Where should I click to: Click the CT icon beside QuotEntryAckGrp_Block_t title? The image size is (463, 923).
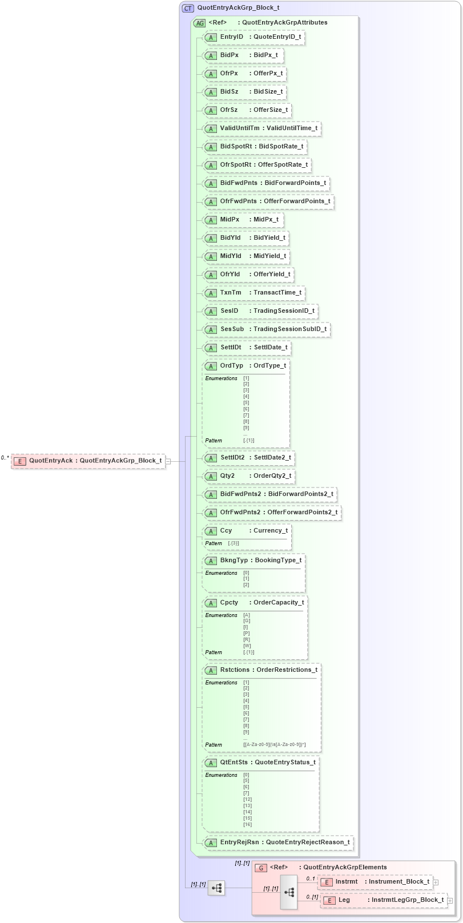coord(188,9)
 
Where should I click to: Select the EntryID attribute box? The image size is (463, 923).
coord(253,37)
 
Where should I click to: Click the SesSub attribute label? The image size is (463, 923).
coord(232,329)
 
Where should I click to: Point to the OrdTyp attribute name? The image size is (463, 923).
coord(231,366)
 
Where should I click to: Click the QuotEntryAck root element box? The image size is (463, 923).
coord(88,461)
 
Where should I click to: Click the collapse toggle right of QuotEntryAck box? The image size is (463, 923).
coord(168,461)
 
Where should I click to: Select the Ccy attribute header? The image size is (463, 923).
coord(247,531)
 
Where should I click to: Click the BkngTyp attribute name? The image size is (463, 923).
coord(234,561)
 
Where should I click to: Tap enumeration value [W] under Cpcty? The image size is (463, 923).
coord(247,646)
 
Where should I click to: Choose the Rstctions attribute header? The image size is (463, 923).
coord(261,670)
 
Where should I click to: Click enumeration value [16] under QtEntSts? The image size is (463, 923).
coord(247,825)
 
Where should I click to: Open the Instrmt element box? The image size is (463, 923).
coord(374,882)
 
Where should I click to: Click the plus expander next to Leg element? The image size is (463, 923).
coord(450,901)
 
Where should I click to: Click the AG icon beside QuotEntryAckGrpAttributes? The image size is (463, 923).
coord(199,23)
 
